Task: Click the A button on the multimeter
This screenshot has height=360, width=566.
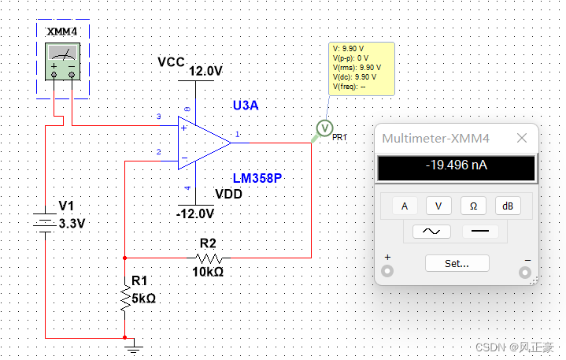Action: (405, 206)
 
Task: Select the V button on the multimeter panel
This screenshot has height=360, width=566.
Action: (438, 206)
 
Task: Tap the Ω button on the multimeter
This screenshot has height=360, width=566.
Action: (473, 206)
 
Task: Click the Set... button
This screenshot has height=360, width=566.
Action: (457, 263)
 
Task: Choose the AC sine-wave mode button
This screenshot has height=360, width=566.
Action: (431, 231)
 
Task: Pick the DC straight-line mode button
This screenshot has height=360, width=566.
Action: (480, 231)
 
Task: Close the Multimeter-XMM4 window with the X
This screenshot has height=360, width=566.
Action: (522, 138)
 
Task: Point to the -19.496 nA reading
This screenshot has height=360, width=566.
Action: (457, 165)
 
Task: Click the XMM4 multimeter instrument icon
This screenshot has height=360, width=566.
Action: (62, 61)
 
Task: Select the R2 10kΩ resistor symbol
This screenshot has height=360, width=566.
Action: (209, 258)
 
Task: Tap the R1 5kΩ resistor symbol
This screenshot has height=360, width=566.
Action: (125, 298)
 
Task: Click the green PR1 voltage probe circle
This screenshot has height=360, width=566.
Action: (324, 128)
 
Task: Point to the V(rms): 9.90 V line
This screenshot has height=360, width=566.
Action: (357, 68)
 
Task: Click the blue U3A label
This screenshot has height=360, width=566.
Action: (246, 106)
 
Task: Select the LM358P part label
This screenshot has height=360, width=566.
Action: (257, 178)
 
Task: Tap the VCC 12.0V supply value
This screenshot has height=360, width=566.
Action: (205, 71)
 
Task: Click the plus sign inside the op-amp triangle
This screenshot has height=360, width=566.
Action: (184, 128)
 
